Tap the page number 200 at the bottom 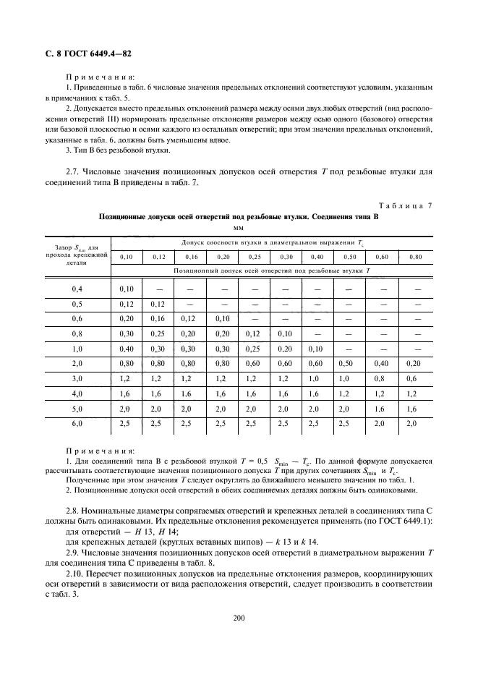pos(239,617)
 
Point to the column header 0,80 pos(415,257)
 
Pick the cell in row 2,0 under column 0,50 pos(349,362)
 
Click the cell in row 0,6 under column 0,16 pos(190,318)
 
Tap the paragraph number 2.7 pos(75,171)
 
